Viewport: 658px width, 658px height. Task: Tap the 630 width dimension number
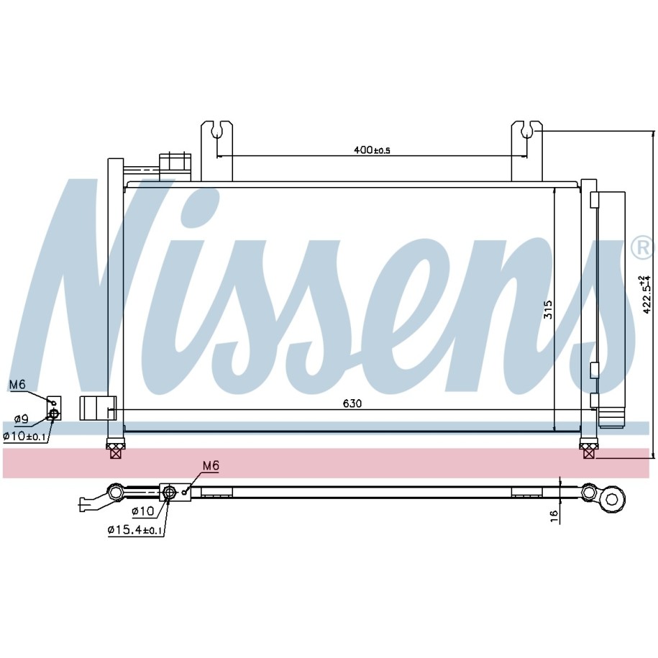click(352, 404)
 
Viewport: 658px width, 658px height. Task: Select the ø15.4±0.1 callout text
click(135, 530)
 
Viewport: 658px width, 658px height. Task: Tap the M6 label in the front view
click(17, 385)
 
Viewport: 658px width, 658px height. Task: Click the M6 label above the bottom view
click(210, 466)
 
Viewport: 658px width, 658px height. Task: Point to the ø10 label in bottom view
click(142, 512)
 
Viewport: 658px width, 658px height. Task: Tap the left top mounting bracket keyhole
click(216, 130)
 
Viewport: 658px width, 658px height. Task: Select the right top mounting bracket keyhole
click(527, 130)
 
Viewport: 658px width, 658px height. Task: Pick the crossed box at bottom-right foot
click(589, 452)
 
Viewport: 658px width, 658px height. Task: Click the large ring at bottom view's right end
click(613, 497)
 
